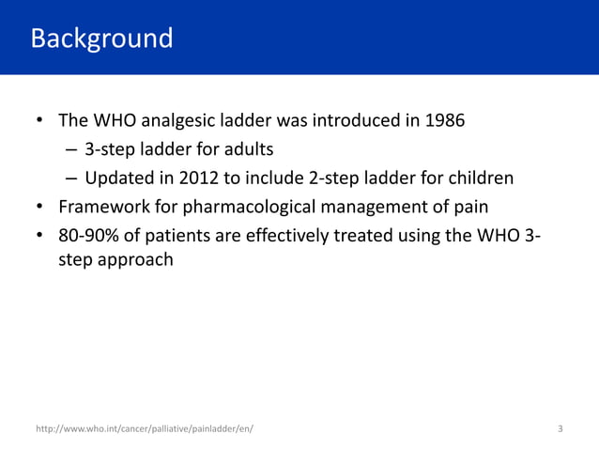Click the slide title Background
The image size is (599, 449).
coord(101,39)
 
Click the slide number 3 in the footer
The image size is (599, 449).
coord(561,429)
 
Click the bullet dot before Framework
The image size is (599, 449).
coord(40,207)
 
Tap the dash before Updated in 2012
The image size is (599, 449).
coord(71,178)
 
